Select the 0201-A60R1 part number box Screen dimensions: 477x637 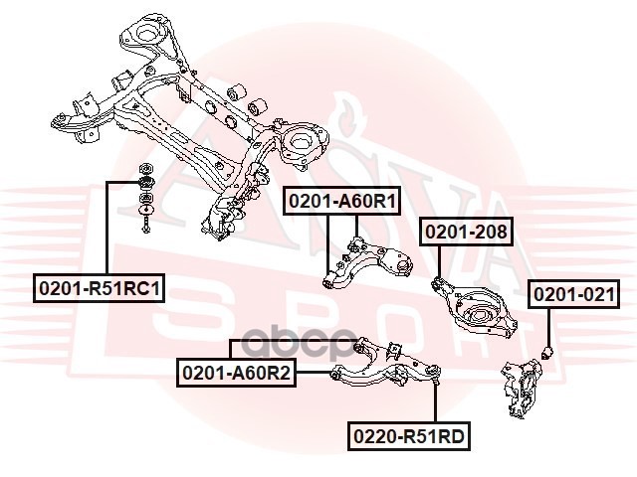(342, 202)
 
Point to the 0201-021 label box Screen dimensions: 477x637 (573, 294)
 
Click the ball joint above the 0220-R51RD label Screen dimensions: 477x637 (435, 376)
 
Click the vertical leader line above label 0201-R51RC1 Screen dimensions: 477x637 (109, 229)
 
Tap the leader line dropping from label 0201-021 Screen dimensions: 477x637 (548, 324)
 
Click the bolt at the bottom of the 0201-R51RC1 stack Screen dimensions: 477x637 (146, 229)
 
